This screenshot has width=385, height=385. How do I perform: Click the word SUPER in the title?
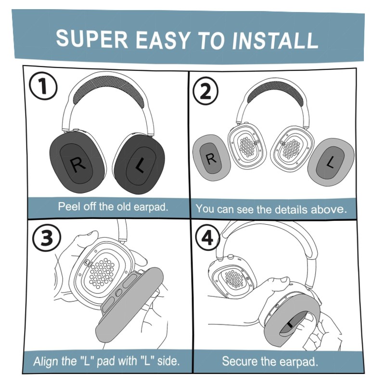92,38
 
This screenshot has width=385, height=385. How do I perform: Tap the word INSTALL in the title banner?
275,40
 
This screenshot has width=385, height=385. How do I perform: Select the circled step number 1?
43,86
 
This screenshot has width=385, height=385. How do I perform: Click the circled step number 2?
205,91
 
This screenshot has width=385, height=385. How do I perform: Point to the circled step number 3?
47,237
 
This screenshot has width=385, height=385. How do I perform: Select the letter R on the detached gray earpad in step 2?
211,159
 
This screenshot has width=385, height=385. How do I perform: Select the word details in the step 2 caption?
291,209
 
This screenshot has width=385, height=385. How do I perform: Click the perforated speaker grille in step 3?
102,272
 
